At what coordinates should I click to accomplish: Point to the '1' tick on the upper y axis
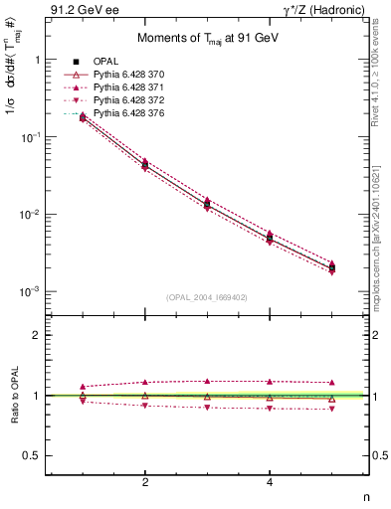click(x=37, y=60)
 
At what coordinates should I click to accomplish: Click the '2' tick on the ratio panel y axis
click(x=37, y=335)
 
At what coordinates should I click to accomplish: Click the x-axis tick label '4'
click(x=270, y=482)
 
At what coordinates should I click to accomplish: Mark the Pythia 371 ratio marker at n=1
click(x=83, y=386)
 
